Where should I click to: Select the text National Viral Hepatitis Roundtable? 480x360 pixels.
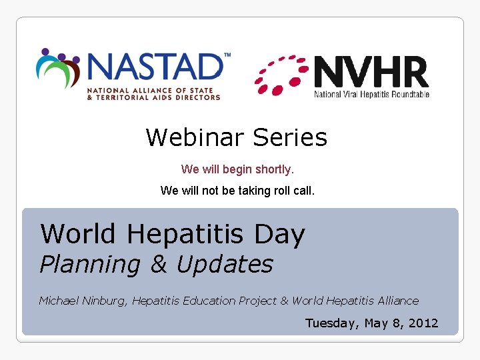(371, 94)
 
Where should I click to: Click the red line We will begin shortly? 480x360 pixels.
(237, 169)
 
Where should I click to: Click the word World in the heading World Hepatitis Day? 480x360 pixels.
(77, 234)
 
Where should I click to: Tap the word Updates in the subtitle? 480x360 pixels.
(225, 265)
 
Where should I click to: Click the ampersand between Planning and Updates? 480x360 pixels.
(159, 265)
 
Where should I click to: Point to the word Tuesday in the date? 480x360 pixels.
(330, 323)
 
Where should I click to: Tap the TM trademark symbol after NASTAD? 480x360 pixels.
(227, 55)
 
